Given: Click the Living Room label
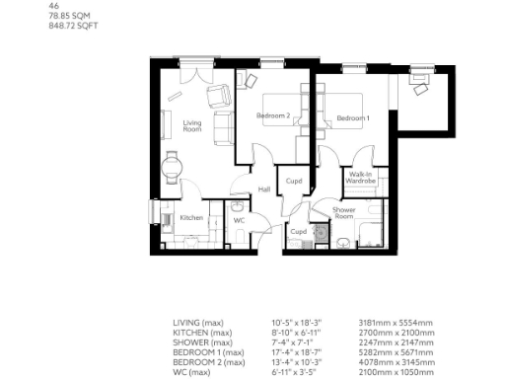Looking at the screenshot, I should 192,125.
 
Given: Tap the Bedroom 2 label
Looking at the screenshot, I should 272,116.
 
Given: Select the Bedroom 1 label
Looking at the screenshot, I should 353,118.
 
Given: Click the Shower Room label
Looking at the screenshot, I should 344,213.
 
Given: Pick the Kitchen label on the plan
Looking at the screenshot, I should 191,217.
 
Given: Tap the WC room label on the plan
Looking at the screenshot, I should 239,220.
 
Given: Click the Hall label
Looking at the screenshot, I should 264,189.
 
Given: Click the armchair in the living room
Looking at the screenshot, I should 216,96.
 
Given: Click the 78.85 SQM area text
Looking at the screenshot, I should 65,15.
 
